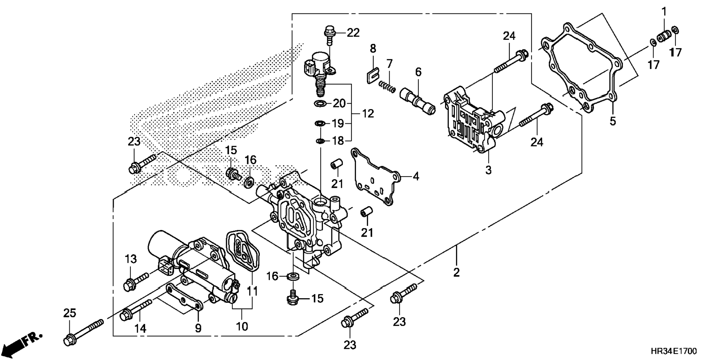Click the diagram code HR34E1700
coord(674,351)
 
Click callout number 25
coord(69,313)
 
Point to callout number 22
coord(353,33)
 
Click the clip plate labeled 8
coord(370,77)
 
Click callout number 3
coord(488,170)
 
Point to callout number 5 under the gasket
coord(613,121)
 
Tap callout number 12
coord(368,113)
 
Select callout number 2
coord(456,272)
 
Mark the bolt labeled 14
coord(136,309)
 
